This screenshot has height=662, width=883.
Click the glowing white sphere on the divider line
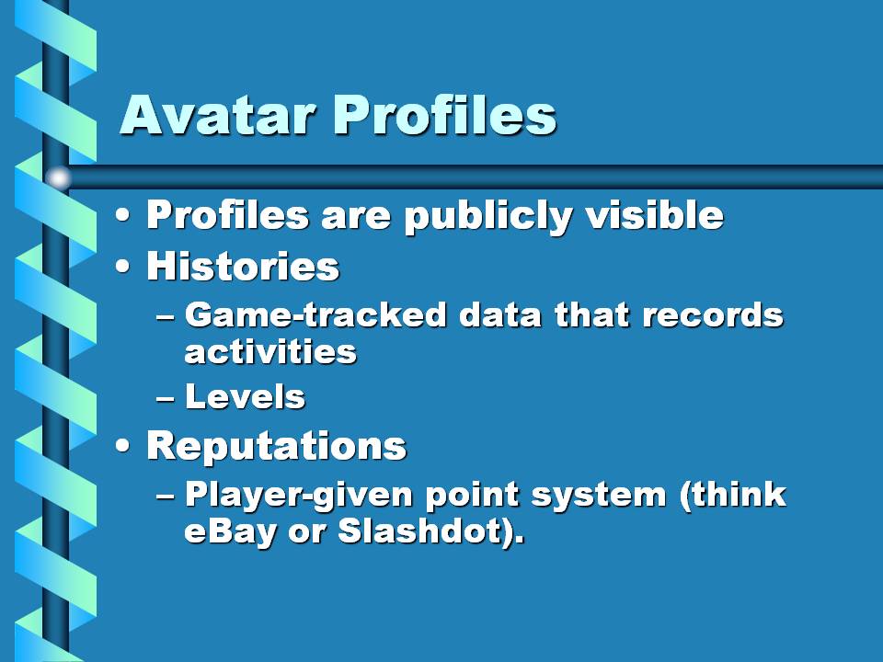[x=58, y=177]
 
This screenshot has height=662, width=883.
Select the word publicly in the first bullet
[x=488, y=217]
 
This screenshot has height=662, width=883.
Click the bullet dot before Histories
[x=122, y=267]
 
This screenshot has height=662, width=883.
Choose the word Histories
[x=243, y=266]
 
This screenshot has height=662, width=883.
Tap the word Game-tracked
[x=315, y=314]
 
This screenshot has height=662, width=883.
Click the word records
[x=713, y=314]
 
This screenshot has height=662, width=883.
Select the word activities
[x=270, y=352]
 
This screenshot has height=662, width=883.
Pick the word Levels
[x=245, y=397]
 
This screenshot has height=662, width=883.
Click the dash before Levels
[x=165, y=398]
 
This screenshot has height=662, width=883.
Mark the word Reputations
[x=277, y=445]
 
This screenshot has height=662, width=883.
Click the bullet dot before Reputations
[x=122, y=446]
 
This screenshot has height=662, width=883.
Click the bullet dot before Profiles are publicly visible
[x=122, y=215]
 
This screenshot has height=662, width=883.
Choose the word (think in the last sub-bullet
[x=733, y=496]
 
